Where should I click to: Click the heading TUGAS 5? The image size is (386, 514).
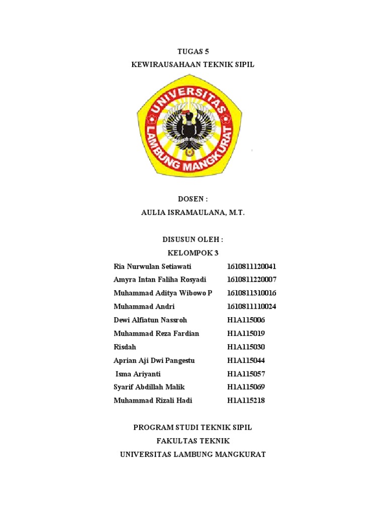tap(193, 51)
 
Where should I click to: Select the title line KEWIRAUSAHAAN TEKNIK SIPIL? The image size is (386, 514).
tap(193, 65)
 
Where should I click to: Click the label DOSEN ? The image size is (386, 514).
tap(193, 199)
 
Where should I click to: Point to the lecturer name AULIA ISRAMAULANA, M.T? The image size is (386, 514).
tap(193, 213)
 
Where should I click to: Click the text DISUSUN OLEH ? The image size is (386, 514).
tap(193, 239)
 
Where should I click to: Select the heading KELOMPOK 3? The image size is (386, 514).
tap(193, 253)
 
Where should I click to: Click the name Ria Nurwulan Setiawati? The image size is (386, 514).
tap(153, 266)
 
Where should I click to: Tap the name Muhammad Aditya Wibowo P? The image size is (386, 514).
tap(163, 293)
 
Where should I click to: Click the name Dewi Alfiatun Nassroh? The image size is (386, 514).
tap(150, 320)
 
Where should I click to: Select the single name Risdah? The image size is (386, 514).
tap(125, 347)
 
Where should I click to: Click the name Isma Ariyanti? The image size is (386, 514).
tap(138, 374)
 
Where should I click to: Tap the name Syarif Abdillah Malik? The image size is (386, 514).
tap(149, 387)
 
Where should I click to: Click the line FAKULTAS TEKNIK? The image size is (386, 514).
tap(193, 441)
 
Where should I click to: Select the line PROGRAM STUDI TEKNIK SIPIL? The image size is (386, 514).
tap(193, 428)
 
